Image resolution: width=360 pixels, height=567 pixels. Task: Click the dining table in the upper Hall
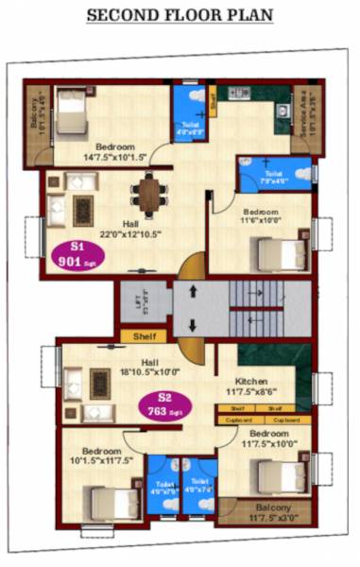point(149,197)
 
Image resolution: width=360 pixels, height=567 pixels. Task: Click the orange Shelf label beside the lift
point(144,335)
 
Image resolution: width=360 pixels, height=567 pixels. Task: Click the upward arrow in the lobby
point(193,292)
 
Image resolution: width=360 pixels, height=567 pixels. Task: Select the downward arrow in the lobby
point(193,326)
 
